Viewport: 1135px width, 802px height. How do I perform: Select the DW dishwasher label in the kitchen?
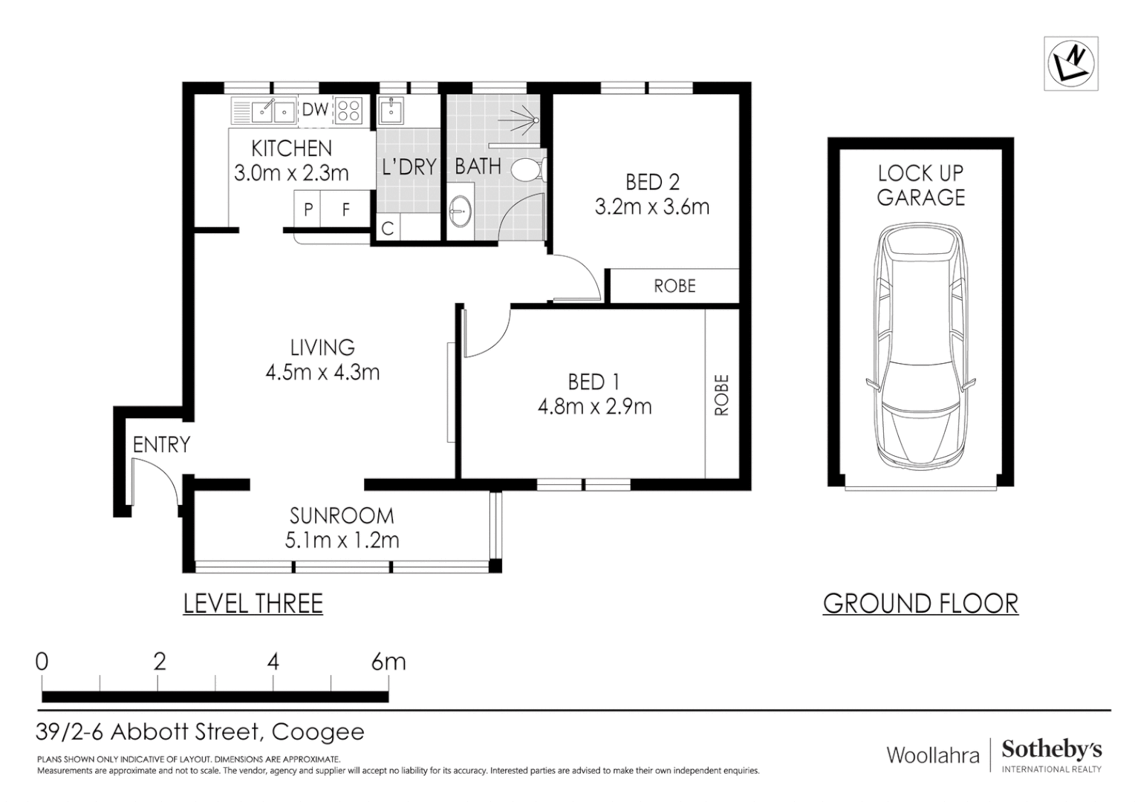[315, 109]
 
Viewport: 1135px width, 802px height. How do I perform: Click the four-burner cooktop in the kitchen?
[348, 111]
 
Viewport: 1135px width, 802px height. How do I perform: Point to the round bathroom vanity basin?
[460, 211]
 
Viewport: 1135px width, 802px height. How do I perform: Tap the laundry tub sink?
[391, 111]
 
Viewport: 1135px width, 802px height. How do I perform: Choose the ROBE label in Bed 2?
[674, 286]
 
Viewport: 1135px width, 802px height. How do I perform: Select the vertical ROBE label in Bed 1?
[721, 395]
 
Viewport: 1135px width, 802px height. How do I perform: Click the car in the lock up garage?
[920, 345]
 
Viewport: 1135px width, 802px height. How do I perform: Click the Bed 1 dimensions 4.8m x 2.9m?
[594, 407]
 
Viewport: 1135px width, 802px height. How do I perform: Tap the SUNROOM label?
[342, 516]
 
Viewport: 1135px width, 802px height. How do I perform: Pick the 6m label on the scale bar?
[388, 662]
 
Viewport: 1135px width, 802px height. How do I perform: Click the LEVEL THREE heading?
[253, 603]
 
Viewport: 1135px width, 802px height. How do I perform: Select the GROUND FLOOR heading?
[920, 603]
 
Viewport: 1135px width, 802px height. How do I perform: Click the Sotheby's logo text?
[1051, 750]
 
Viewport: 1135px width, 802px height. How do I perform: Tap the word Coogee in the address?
[318, 732]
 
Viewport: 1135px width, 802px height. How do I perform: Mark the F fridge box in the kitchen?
[345, 209]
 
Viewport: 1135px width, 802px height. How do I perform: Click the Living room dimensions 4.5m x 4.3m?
[322, 372]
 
